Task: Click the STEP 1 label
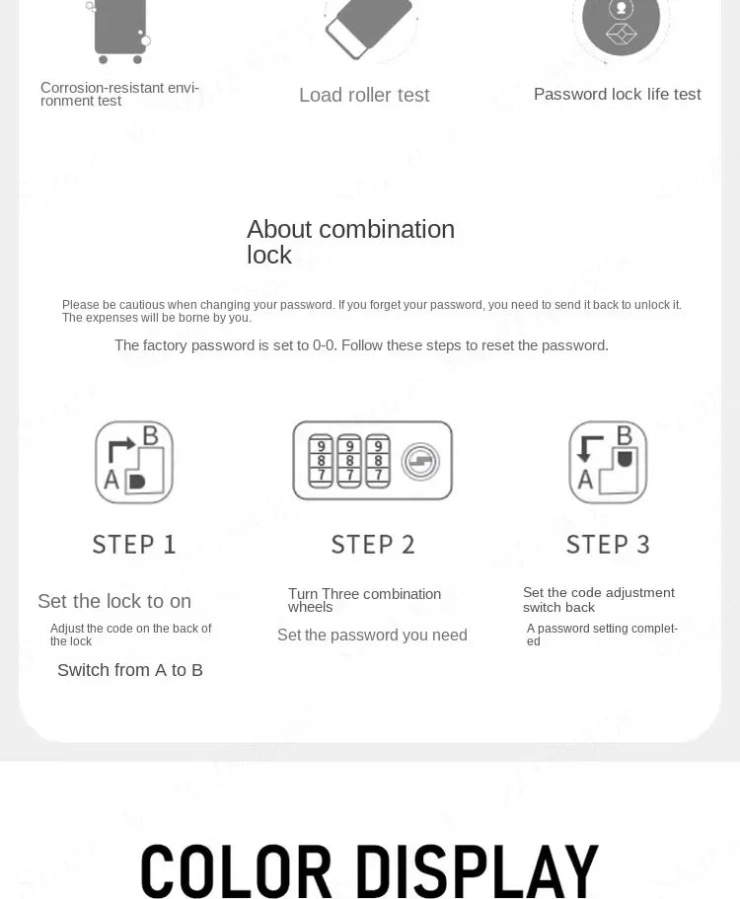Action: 134,544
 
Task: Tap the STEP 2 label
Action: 373,544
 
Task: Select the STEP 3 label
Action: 608,544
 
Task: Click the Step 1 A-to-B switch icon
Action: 134,462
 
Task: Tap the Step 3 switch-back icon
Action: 608,462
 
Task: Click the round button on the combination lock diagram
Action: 421,462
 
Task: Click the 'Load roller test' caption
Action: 364,95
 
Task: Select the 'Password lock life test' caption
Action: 617,94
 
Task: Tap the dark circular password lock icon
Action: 621,22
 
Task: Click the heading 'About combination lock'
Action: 350,242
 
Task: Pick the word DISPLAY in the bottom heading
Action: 477,871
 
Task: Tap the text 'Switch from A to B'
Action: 130,670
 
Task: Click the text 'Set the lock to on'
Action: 114,601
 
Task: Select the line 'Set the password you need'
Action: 372,635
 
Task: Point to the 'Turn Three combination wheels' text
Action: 364,600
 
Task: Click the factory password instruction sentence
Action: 361,345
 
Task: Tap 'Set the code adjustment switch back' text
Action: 598,599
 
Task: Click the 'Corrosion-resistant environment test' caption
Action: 119,94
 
